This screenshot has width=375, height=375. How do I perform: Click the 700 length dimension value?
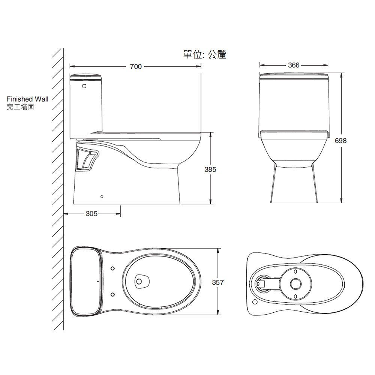tap(136, 66)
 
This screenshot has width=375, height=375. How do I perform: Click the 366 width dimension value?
tap(294, 65)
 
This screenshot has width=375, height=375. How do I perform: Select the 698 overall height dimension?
tap(340, 141)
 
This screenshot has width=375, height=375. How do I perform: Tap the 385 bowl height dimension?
tap(210, 169)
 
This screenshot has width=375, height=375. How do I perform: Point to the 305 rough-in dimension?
tap(91, 213)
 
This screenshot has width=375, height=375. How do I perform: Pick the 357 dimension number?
tap(217, 282)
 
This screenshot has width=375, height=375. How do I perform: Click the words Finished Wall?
tap(27, 99)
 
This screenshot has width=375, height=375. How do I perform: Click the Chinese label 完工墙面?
tap(20, 107)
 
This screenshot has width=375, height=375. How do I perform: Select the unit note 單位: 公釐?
tap(205, 54)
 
